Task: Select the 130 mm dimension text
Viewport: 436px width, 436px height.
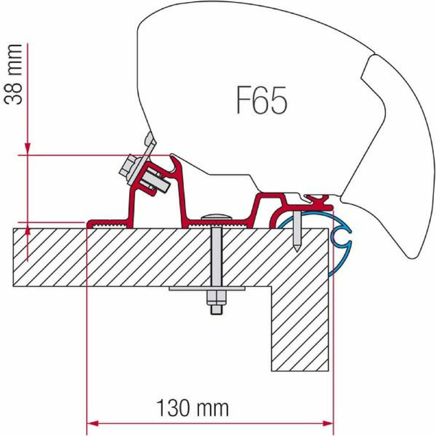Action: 193,409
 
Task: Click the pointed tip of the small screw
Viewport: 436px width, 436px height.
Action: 297,249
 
